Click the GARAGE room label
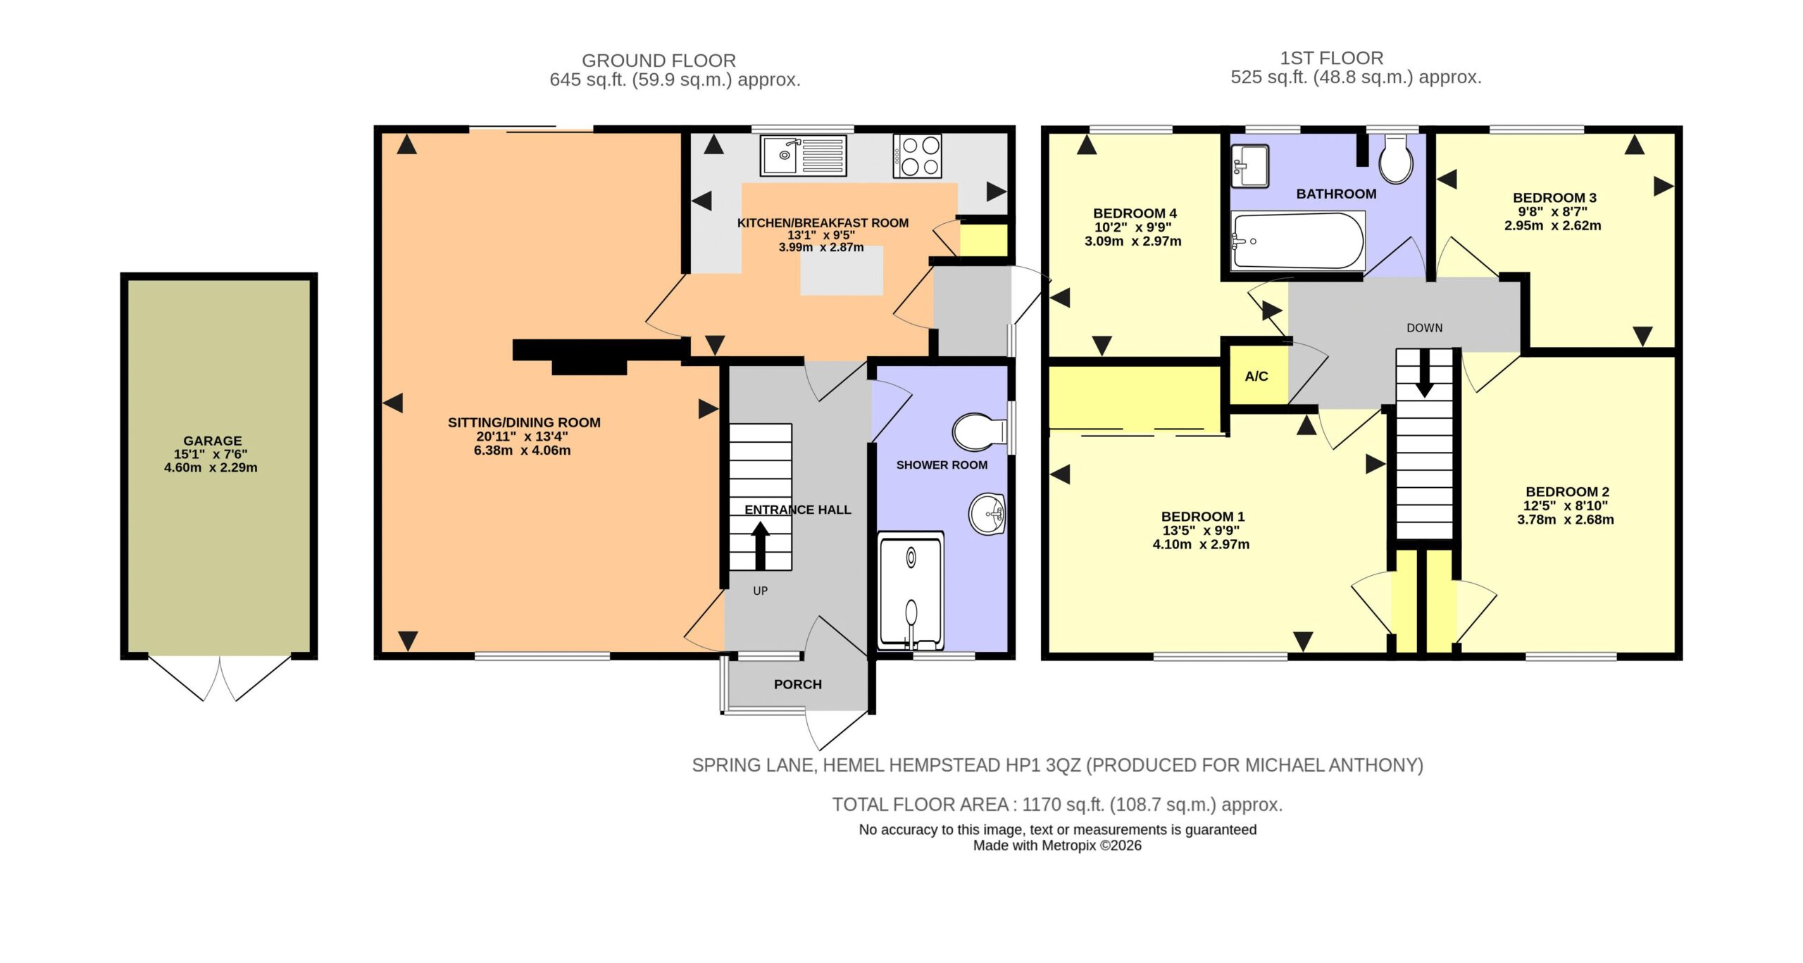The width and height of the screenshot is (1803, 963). (213, 441)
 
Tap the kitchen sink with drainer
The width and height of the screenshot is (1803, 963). (803, 156)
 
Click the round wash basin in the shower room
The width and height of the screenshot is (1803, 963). (987, 515)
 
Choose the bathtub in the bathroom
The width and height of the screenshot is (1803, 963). (1297, 241)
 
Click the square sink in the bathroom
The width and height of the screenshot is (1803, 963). (1249, 166)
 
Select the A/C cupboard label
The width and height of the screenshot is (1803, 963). (1256, 377)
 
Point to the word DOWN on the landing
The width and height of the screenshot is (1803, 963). (1424, 328)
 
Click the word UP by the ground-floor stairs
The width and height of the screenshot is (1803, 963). (760, 591)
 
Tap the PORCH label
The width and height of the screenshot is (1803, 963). (797, 684)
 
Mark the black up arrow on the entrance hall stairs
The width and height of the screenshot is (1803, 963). (760, 545)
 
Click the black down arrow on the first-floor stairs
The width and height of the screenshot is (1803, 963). (1424, 374)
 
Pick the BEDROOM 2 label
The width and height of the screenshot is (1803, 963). (1567, 492)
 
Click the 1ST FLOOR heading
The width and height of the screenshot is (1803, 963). (1331, 58)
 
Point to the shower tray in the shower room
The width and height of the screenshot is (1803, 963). (911, 591)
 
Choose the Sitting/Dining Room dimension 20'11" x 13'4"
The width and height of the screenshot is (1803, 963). (522, 436)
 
